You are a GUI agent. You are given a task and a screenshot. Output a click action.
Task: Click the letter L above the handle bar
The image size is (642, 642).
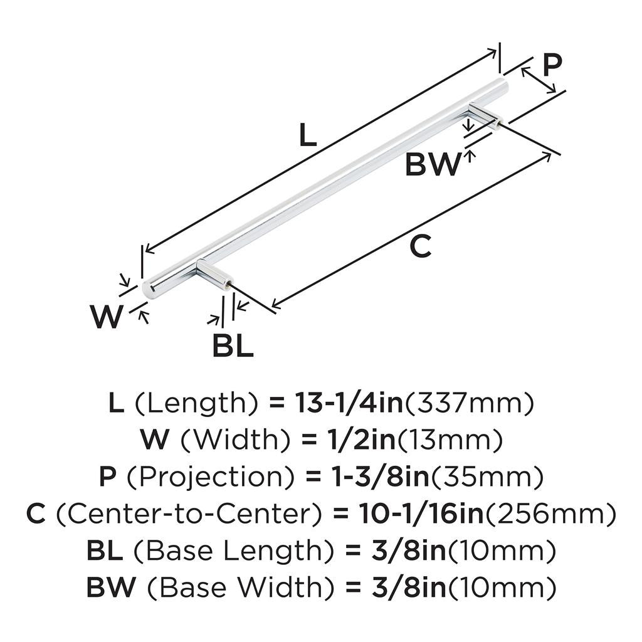click(x=308, y=135)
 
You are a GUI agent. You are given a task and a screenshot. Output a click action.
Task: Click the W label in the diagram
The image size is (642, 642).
click(x=107, y=317)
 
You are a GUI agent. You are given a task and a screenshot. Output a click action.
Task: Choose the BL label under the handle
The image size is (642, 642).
click(x=233, y=346)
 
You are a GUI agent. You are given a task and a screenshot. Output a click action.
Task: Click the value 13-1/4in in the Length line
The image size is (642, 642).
click(x=349, y=403)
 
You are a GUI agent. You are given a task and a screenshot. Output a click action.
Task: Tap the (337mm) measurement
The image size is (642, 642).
click(x=470, y=403)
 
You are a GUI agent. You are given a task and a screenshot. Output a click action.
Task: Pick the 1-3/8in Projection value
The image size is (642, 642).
click(x=381, y=476)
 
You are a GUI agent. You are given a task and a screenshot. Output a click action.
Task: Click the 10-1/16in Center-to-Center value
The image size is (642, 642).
click(x=422, y=513)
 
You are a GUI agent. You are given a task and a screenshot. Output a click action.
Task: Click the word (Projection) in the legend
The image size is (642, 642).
click(x=211, y=477)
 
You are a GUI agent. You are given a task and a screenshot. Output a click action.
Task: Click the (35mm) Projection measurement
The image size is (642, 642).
click(x=487, y=477)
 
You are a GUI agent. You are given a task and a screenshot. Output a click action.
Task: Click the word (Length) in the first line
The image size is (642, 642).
click(x=196, y=403)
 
